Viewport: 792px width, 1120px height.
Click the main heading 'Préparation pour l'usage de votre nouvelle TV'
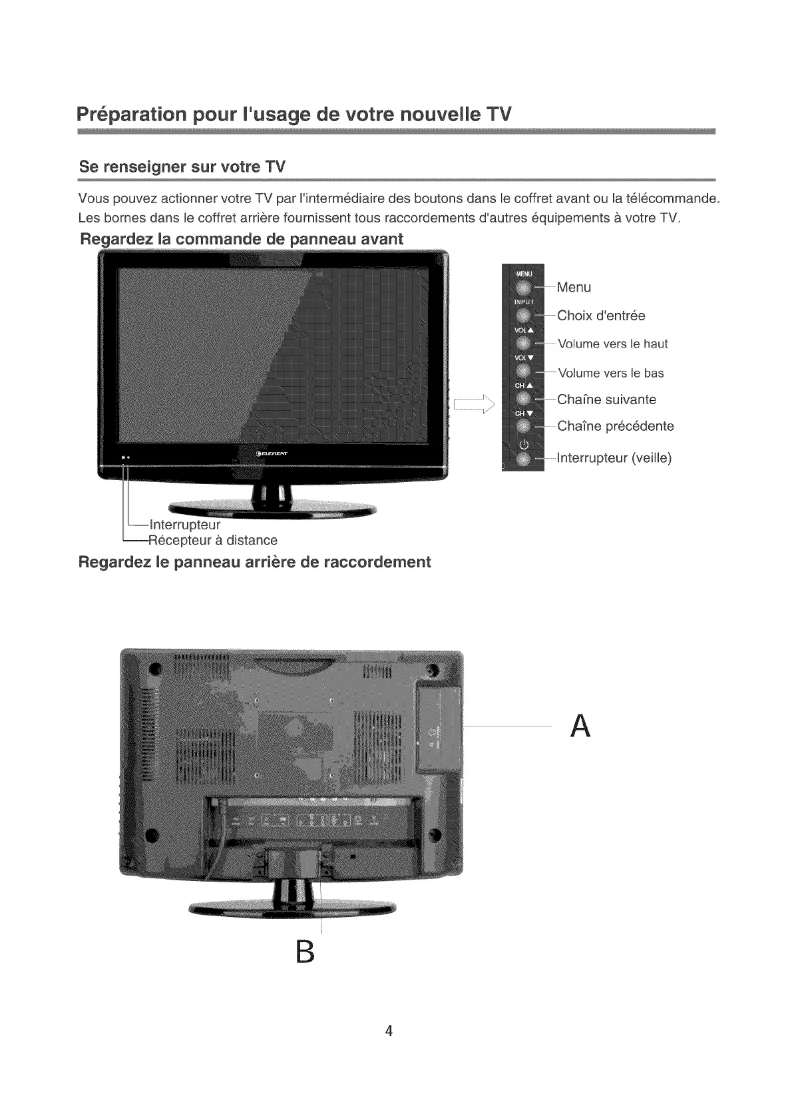294,114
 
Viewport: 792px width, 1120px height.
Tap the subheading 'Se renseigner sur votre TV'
182,166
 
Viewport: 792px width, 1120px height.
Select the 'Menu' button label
574,288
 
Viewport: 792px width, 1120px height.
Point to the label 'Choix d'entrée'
601,316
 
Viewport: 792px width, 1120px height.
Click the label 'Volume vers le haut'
612,344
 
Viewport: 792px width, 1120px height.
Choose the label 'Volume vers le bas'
610,373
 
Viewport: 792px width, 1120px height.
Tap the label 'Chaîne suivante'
606,400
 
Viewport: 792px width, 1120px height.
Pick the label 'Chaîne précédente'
615,426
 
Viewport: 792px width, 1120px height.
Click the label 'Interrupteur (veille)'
614,458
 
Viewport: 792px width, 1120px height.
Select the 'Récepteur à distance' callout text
213,540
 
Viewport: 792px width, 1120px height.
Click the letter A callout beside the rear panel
580,726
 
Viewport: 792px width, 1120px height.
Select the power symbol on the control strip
523,445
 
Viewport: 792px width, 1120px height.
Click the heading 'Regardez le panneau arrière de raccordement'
254,562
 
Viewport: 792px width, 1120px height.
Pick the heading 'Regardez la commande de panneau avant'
241,239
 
